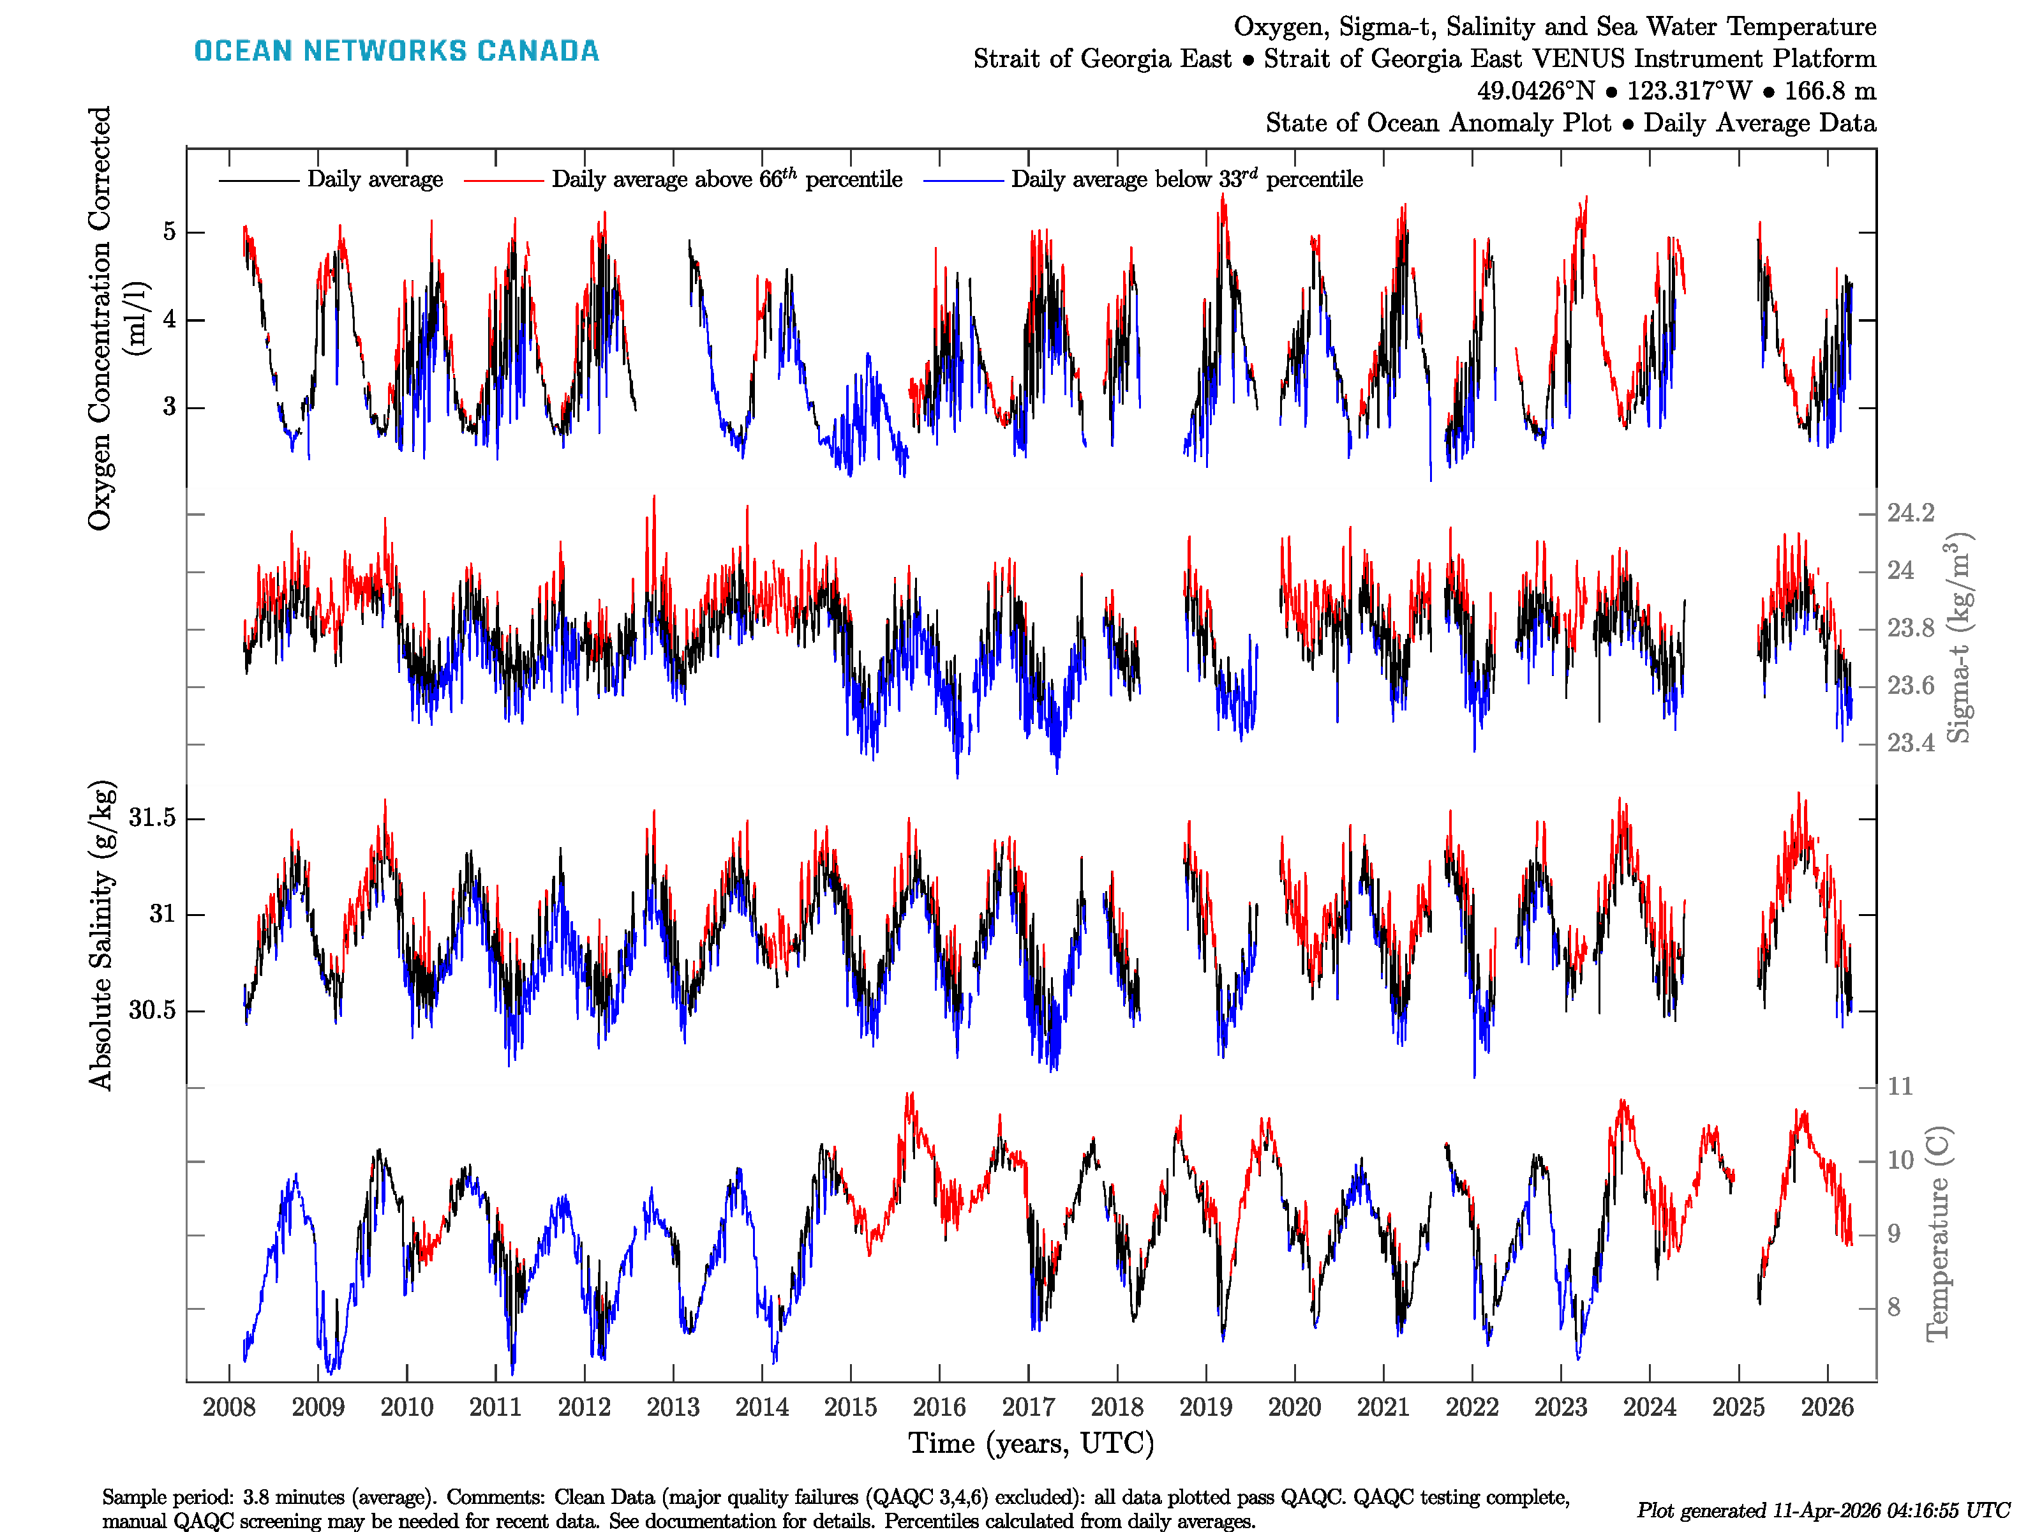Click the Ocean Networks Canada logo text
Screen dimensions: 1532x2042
[396, 51]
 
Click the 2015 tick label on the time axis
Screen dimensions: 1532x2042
[849, 1408]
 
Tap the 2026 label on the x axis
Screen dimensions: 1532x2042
[1827, 1408]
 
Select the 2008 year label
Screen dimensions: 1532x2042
[229, 1408]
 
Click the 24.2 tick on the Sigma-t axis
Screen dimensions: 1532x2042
[1910, 513]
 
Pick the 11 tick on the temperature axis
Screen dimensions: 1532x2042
[1900, 1086]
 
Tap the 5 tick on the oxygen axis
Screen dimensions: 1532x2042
[169, 231]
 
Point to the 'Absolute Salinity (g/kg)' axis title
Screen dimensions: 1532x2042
[101, 935]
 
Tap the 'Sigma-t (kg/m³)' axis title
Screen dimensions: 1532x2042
[1959, 637]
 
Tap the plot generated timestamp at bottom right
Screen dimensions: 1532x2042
[1822, 1510]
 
